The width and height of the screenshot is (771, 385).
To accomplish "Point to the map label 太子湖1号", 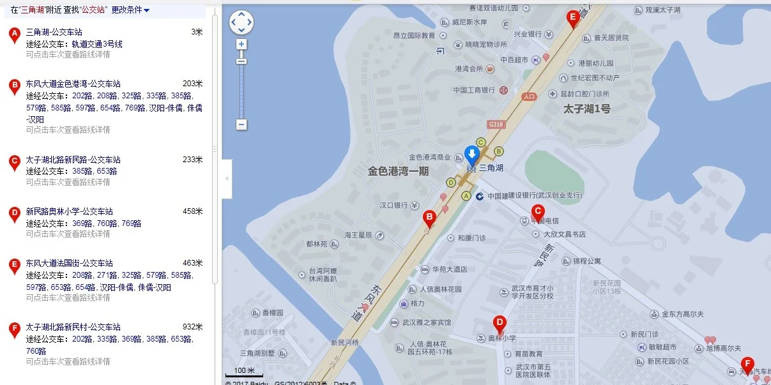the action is [586, 109].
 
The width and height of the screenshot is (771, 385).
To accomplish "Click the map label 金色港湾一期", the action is [398, 171].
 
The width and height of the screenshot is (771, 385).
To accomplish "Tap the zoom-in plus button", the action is [241, 45].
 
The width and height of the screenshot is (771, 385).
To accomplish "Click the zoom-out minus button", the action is [241, 125].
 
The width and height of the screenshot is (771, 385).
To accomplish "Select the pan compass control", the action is [241, 22].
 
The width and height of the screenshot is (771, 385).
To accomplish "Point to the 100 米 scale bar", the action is [244, 372].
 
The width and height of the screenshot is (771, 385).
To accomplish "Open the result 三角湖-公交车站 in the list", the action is [54, 32].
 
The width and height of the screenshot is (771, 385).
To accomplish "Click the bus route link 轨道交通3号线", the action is [96, 44].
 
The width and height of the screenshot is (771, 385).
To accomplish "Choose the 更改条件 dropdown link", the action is [130, 10].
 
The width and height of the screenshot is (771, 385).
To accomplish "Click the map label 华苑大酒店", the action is [449, 269].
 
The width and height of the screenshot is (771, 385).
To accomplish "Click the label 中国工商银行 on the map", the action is [475, 90].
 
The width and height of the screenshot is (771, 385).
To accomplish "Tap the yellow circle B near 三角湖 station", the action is [499, 151].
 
